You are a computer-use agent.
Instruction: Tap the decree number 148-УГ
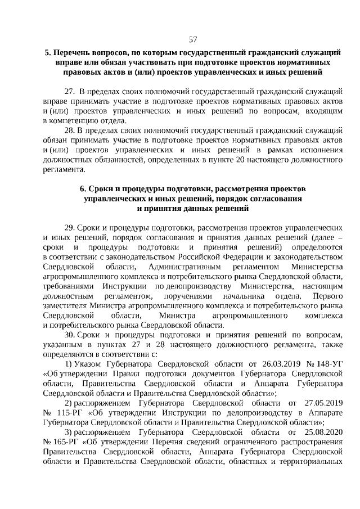[329, 364]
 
